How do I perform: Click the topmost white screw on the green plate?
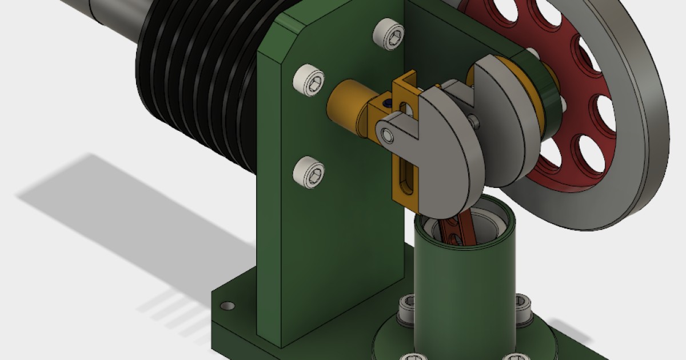[387, 34]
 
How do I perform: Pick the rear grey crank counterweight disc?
[509, 131]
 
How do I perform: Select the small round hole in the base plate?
[228, 306]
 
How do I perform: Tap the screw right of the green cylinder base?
[521, 303]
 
